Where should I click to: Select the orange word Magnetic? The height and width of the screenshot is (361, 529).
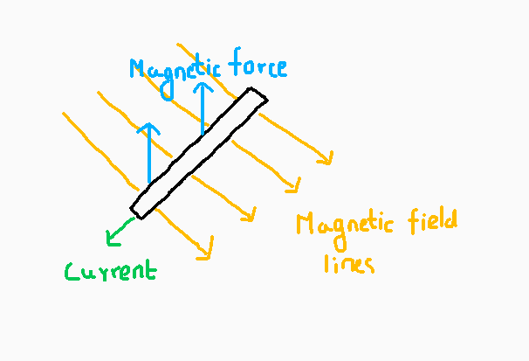point(345,226)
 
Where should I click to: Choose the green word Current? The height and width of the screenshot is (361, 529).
point(111,271)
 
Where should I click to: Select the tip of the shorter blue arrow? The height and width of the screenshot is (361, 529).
point(149,124)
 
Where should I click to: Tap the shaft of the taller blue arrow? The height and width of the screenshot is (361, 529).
point(203,109)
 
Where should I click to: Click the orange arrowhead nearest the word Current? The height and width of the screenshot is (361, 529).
point(209,256)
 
